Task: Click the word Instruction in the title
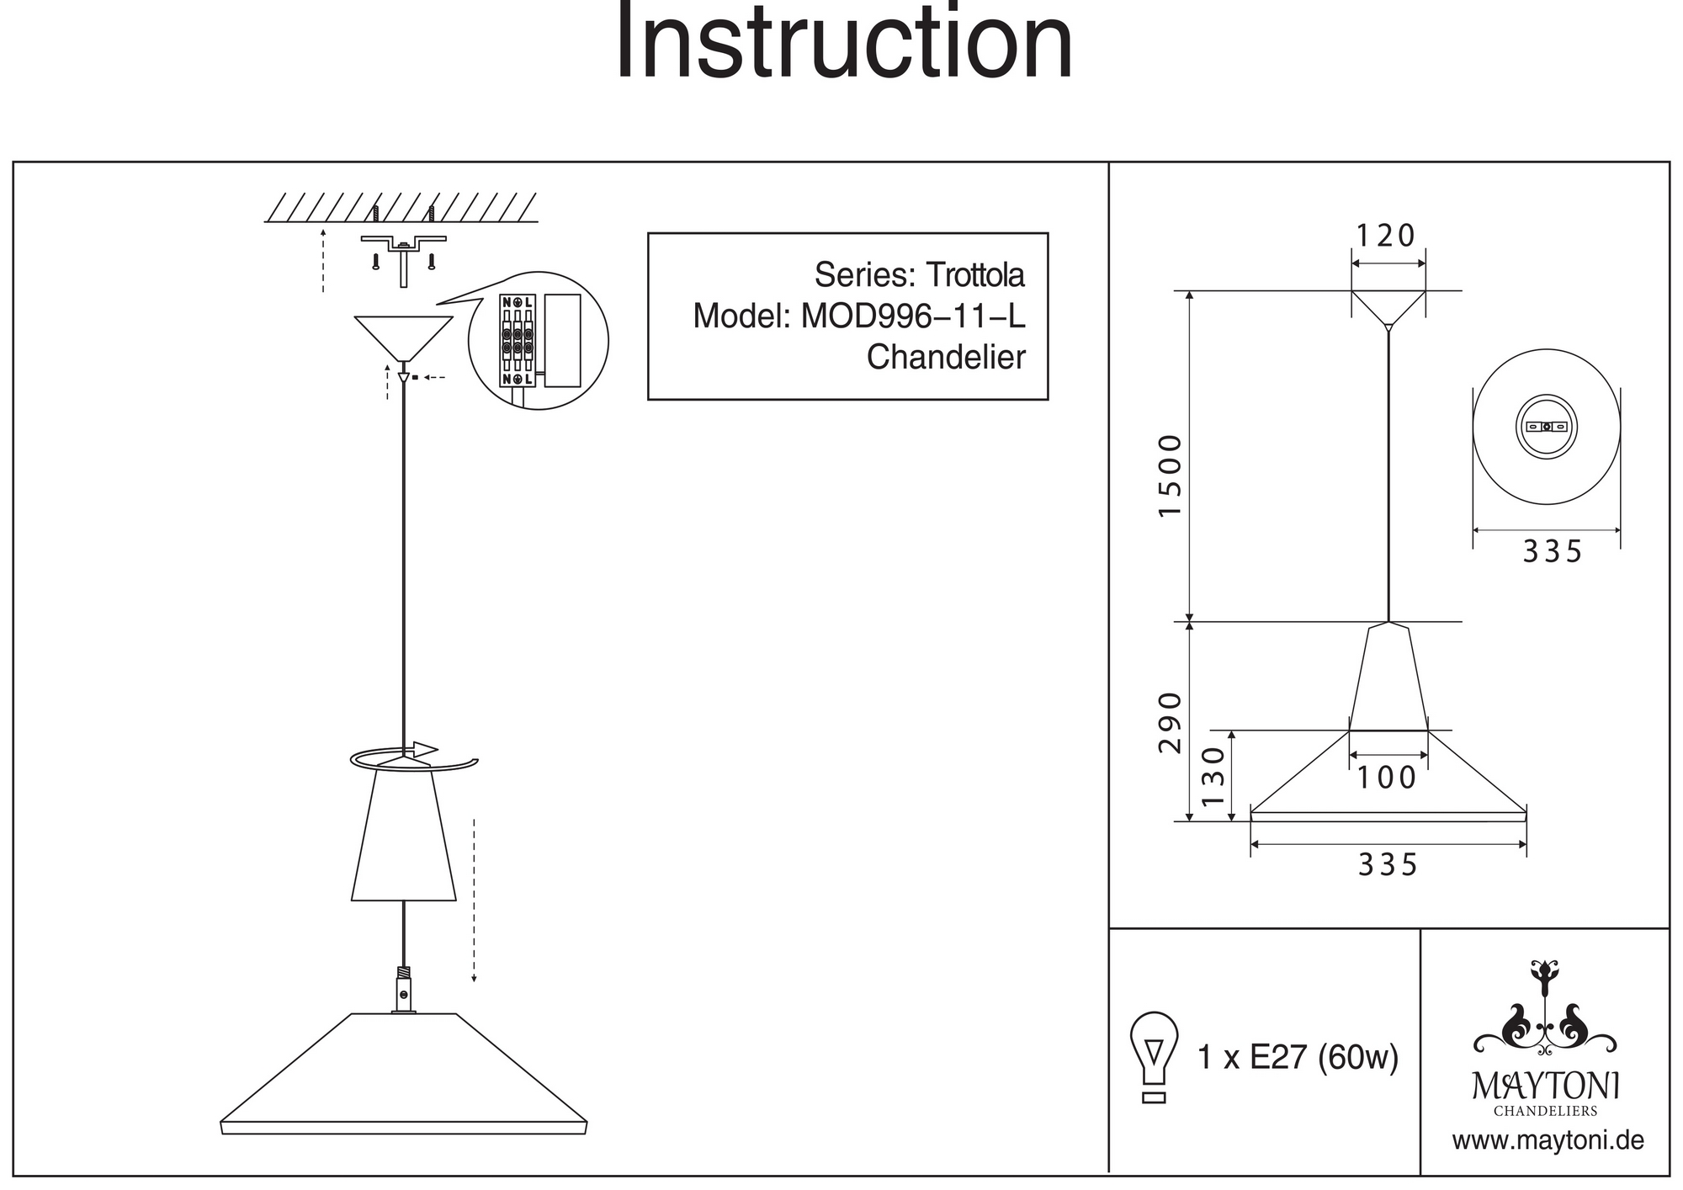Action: pos(844,42)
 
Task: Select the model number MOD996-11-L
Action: pos(913,316)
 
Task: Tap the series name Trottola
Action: pos(975,275)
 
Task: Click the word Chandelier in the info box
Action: pos(946,358)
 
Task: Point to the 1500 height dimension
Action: pos(1171,475)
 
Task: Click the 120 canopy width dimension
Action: pos(1387,236)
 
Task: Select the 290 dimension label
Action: pos(1171,722)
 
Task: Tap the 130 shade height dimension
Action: pos(1213,776)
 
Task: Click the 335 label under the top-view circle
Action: pos(1553,552)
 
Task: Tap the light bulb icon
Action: pos(1155,1056)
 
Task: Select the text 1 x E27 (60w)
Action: pos(1298,1058)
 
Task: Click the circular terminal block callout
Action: pos(538,341)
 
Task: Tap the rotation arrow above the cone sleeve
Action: pos(412,757)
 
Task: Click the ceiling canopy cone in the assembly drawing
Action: pos(404,337)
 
